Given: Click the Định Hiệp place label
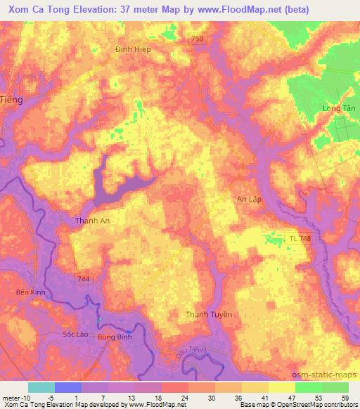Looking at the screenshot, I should tap(133, 50).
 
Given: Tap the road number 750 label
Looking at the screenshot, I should tap(198, 39).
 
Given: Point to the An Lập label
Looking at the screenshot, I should tap(248, 200).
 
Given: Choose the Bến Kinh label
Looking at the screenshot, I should tap(30, 292).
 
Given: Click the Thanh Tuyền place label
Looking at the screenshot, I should tap(208, 314).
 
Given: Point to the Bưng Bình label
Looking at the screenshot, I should tap(115, 338).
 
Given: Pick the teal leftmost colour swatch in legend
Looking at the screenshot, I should tap(41, 387).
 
